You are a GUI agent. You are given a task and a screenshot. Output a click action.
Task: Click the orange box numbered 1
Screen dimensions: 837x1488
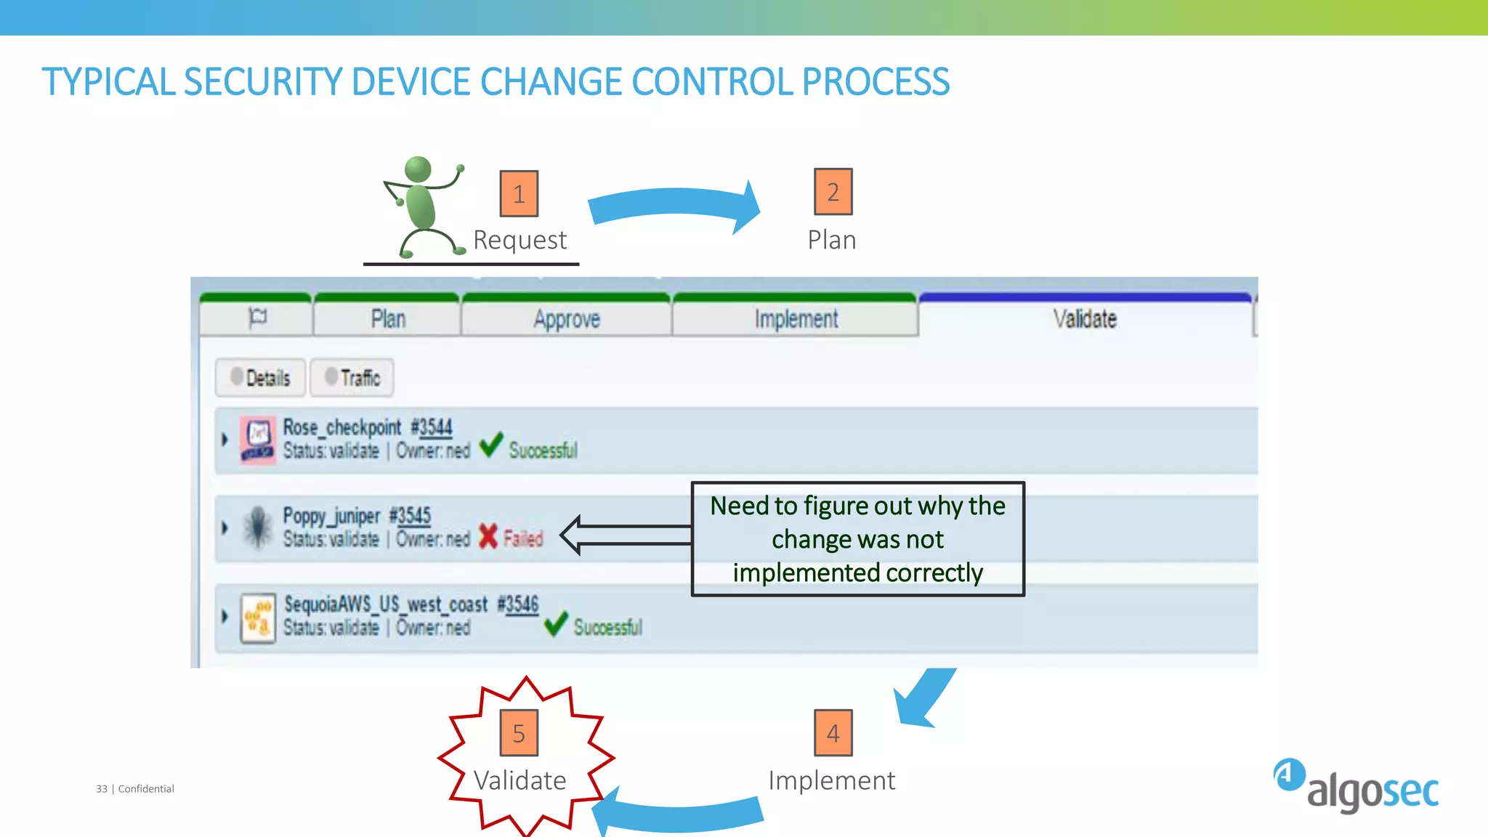point(519,194)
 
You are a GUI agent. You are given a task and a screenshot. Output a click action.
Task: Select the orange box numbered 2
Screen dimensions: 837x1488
point(833,192)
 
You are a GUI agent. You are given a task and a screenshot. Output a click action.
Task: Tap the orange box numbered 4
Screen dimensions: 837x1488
point(833,733)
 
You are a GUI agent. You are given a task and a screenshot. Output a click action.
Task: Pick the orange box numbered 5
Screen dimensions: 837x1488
point(519,733)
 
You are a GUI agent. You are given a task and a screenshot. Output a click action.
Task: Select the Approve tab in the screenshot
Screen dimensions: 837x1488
point(566,319)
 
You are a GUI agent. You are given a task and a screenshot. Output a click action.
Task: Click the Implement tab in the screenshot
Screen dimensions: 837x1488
point(796,319)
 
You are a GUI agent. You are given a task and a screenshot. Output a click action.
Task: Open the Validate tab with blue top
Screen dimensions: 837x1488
point(1084,318)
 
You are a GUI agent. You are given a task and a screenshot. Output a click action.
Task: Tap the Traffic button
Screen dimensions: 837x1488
point(352,378)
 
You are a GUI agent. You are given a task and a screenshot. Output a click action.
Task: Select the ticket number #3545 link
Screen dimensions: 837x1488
point(411,516)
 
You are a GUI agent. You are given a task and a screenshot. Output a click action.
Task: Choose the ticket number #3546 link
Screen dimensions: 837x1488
point(518,604)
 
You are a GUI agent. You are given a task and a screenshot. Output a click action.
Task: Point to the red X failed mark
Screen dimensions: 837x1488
point(488,537)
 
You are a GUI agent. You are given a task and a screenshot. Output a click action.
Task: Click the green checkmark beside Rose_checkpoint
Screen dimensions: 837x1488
point(491,445)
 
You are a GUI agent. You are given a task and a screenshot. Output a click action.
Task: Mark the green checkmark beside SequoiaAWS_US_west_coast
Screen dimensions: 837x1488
point(556,623)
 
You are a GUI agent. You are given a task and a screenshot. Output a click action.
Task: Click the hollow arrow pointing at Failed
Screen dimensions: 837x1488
point(625,535)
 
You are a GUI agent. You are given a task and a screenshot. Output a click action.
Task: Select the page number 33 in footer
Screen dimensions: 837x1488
point(102,789)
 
